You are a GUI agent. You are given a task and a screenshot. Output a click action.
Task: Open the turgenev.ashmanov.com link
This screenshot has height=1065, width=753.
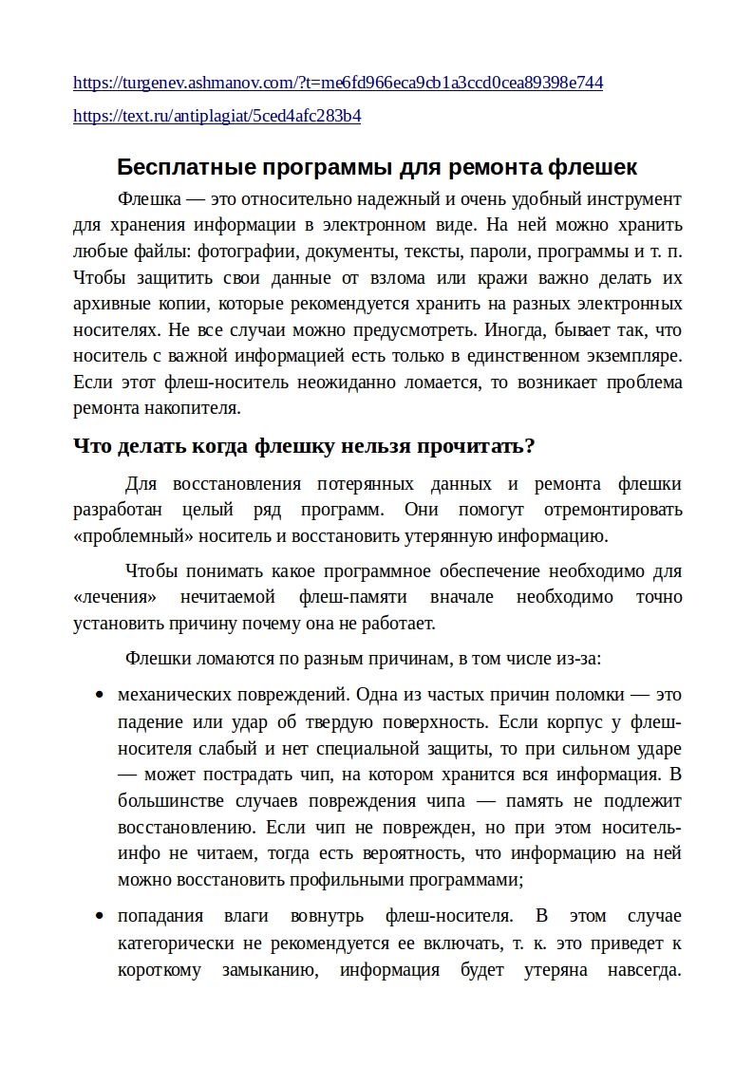[338, 83]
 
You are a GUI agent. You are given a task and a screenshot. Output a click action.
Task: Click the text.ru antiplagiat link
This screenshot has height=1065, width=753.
[216, 117]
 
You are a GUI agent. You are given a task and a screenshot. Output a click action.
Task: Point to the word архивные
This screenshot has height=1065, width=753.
[109, 305]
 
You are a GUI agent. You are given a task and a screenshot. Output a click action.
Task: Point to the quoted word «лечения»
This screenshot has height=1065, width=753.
[115, 598]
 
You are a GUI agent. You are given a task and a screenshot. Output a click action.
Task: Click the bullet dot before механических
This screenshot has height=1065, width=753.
[99, 696]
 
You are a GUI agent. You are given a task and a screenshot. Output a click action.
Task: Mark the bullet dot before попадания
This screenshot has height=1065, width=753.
[99, 918]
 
